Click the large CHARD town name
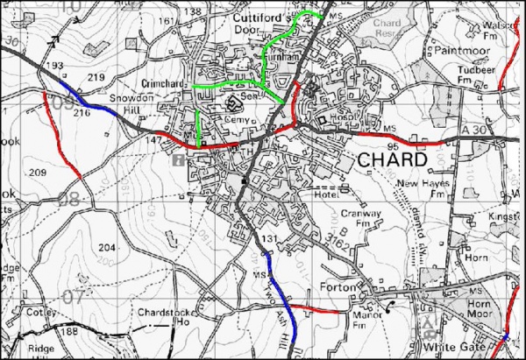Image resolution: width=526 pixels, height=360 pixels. [393, 161]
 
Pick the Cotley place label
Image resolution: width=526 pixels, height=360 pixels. [40, 313]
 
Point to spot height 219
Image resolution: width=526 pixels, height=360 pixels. [96, 78]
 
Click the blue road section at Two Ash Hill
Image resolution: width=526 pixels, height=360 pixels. [283, 298]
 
